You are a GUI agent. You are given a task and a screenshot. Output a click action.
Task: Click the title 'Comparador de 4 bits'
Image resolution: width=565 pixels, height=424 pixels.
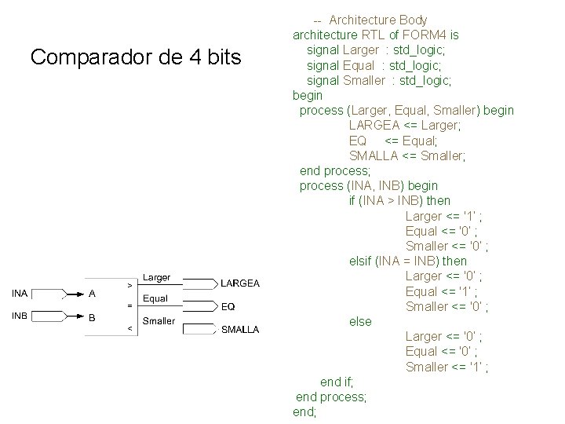point(136,57)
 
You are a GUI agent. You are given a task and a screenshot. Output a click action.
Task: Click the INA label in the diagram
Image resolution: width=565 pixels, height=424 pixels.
point(20,294)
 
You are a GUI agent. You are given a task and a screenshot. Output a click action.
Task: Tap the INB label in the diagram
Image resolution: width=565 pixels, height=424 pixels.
point(20,317)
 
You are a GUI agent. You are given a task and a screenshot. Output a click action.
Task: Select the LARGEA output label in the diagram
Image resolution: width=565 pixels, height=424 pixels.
point(240,283)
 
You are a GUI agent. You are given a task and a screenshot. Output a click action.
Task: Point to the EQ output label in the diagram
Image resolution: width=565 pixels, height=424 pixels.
point(228,306)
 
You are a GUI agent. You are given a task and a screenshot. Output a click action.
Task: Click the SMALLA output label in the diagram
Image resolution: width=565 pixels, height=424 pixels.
point(240,330)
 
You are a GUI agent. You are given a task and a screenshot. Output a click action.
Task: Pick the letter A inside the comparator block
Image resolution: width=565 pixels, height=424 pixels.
point(92,294)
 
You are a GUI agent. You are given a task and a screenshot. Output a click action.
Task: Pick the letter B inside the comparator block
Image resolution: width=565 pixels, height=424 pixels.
point(92,318)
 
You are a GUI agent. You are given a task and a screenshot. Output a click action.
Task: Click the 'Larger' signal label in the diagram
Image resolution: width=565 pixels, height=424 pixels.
point(156,277)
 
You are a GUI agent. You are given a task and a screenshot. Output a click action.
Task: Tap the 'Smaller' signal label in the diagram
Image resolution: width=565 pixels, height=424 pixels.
point(159,320)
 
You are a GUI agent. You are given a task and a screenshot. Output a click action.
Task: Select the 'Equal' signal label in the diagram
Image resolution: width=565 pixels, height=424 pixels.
point(155,298)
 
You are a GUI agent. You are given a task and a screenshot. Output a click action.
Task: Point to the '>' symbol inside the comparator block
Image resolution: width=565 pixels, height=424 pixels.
point(129,283)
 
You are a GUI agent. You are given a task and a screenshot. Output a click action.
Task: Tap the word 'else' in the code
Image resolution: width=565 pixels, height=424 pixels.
point(360,321)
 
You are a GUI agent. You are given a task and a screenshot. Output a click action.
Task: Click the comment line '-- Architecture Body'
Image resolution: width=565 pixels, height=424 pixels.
point(370,20)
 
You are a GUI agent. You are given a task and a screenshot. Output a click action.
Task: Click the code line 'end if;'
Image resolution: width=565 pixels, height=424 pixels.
point(337,382)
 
